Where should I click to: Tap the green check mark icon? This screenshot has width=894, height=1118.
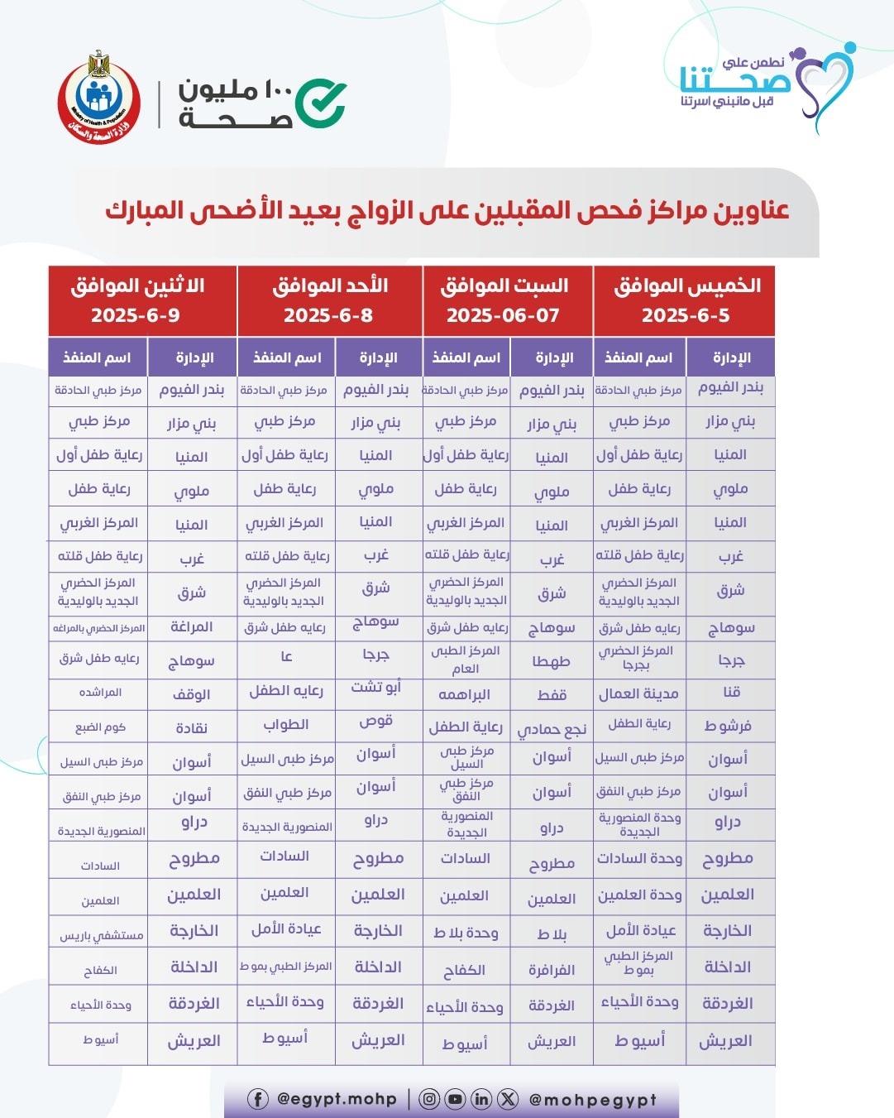[321, 103]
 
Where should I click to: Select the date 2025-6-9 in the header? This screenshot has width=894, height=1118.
[136, 315]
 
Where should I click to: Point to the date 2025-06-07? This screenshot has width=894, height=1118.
[503, 315]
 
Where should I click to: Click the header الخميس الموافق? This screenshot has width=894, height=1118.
[687, 285]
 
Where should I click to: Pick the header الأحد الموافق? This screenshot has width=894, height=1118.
[330, 285]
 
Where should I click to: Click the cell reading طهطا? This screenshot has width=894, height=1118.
[551, 661]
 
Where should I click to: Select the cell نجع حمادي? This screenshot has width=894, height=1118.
[551, 729]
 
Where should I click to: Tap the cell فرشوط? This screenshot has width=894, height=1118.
[729, 726]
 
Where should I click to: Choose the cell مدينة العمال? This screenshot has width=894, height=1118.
[638, 693]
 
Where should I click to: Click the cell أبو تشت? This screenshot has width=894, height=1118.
[376, 687]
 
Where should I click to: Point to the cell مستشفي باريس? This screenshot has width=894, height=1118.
[101, 935]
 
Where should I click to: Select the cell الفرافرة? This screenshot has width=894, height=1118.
[551, 969]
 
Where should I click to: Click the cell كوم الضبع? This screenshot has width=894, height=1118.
[101, 727]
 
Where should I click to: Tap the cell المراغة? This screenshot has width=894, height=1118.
[192, 627]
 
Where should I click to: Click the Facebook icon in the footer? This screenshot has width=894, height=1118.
[258, 1099]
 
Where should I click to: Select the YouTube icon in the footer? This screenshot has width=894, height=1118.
[455, 1099]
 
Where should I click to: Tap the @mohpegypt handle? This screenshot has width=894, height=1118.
[592, 1100]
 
